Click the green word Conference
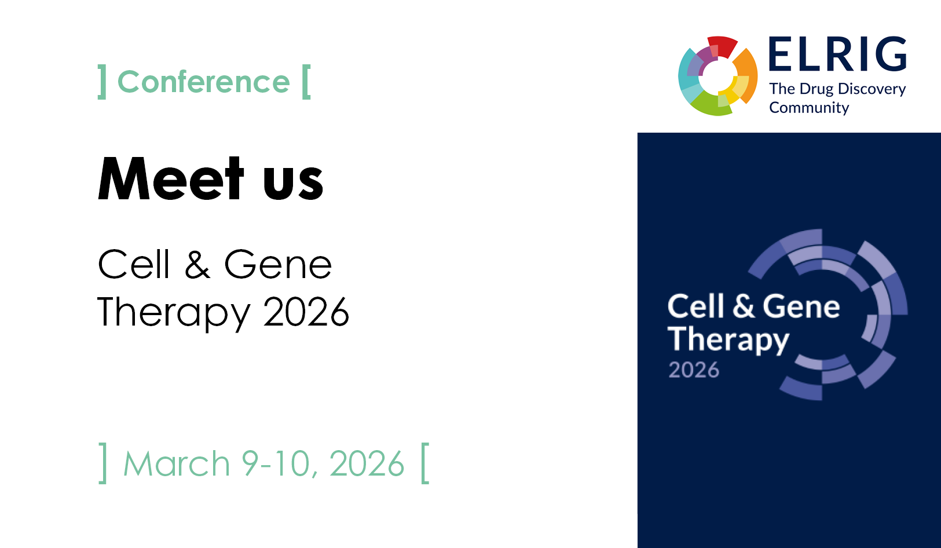[x=204, y=82]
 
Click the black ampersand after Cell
[x=197, y=264]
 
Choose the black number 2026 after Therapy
[x=306, y=312]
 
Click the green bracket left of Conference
[x=102, y=82]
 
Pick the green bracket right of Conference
[x=306, y=82]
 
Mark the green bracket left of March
[x=102, y=463]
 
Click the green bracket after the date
[x=424, y=463]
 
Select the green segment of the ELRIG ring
[x=709, y=104]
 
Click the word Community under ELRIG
[x=809, y=108]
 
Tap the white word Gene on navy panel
[x=801, y=306]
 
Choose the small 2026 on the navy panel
[x=694, y=370]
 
